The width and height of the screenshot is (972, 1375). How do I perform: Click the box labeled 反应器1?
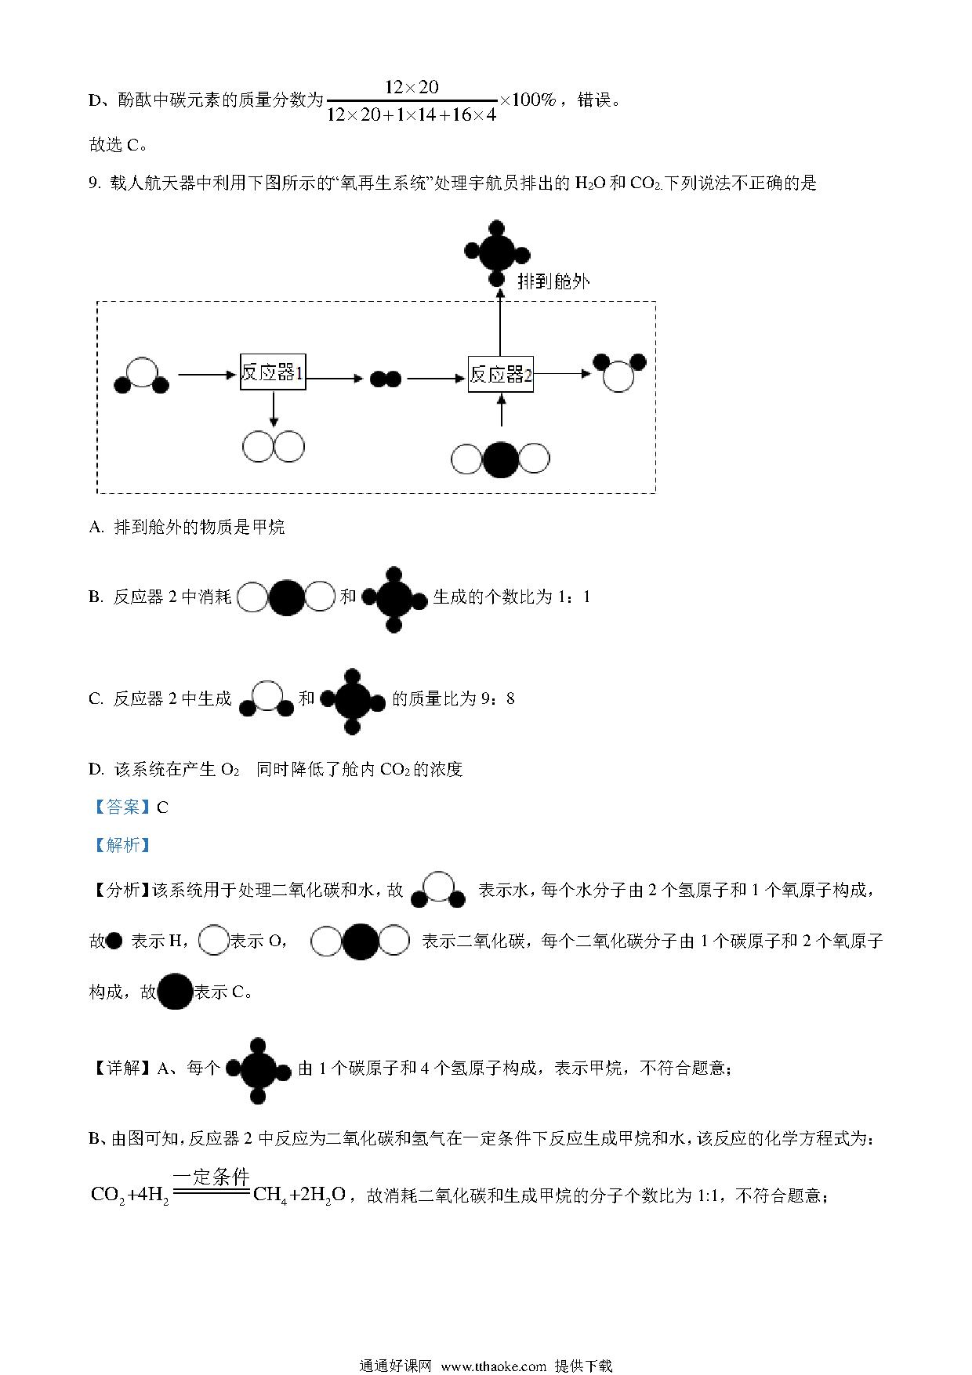pyautogui.click(x=272, y=372)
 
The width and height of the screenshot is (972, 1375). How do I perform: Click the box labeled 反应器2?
pyautogui.click(x=501, y=375)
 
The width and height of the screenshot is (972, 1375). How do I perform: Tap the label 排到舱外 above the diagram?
pyautogui.click(x=553, y=281)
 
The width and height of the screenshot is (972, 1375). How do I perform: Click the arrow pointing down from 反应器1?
pyautogui.click(x=273, y=408)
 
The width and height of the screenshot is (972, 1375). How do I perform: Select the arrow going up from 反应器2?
pyautogui.click(x=499, y=322)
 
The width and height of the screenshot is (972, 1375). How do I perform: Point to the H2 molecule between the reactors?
pyautogui.click(x=386, y=379)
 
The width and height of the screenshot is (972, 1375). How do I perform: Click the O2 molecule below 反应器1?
pyautogui.click(x=273, y=447)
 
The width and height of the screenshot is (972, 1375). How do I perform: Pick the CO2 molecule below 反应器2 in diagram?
pyautogui.click(x=500, y=459)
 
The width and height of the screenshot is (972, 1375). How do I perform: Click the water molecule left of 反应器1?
pyautogui.click(x=142, y=375)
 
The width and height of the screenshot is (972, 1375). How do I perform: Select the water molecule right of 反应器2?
pyautogui.click(x=619, y=372)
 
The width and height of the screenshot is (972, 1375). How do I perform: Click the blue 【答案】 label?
pyautogui.click(x=121, y=807)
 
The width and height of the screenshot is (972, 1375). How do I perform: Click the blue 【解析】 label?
pyautogui.click(x=121, y=845)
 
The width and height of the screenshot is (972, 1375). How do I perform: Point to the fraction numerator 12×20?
pyautogui.click(x=412, y=87)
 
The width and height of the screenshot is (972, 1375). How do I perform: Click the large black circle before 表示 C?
pyautogui.click(x=176, y=992)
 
